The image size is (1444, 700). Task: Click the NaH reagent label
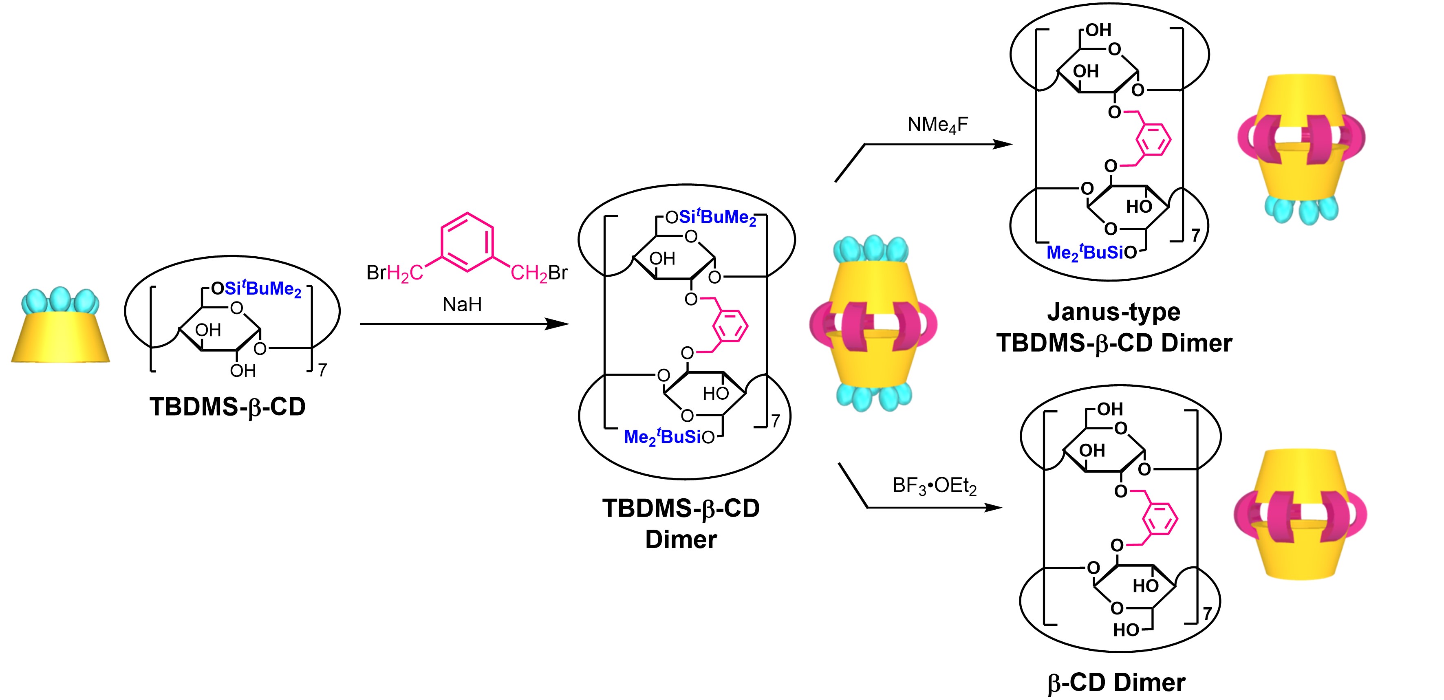(x=462, y=304)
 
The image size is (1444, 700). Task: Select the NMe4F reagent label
(x=937, y=124)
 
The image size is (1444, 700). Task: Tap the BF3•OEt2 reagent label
(x=934, y=485)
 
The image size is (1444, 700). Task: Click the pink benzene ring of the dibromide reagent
(x=467, y=242)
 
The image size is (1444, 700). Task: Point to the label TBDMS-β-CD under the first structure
(x=227, y=406)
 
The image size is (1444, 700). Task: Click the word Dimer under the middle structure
(x=681, y=539)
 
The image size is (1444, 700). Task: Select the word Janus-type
(x=1113, y=312)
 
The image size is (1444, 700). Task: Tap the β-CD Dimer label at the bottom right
(x=1116, y=682)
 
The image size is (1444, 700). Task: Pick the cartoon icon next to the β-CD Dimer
(x=1300, y=514)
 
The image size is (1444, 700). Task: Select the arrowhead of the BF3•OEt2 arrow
(x=993, y=508)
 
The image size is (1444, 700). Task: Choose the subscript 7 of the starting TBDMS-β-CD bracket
(x=322, y=370)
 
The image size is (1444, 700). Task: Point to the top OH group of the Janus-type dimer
(x=1098, y=30)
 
